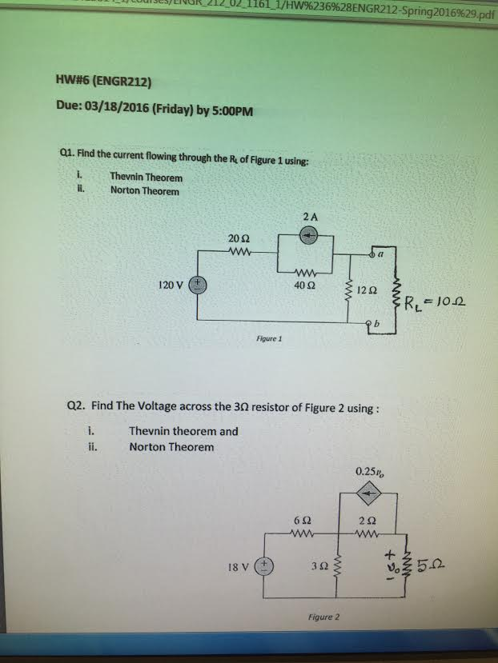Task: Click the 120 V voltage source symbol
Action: click(x=198, y=285)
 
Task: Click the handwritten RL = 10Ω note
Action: click(x=436, y=304)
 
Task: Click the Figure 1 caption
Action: click(x=268, y=338)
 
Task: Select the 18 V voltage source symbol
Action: click(x=264, y=566)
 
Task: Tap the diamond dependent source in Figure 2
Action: click(x=367, y=496)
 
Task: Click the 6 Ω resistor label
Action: click(x=301, y=521)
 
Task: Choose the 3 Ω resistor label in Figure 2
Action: click(x=317, y=568)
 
